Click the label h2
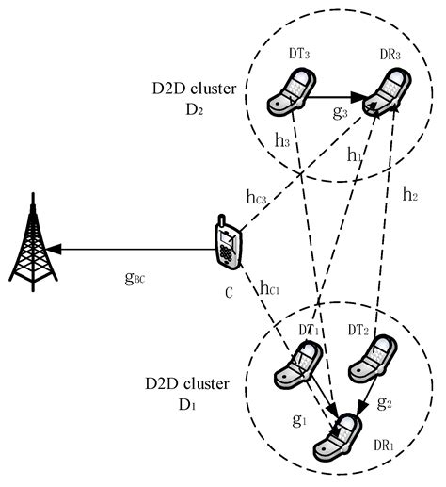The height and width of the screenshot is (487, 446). (409, 196)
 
